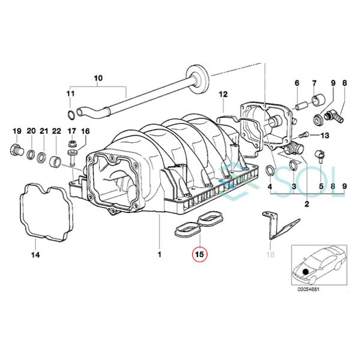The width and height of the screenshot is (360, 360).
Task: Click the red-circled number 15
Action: tap(199, 254)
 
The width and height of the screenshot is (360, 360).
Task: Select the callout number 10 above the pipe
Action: tap(99, 78)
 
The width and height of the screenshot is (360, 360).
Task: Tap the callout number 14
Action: tap(35, 255)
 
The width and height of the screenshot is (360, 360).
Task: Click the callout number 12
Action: tap(223, 94)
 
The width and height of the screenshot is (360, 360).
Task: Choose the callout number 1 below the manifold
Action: tap(160, 255)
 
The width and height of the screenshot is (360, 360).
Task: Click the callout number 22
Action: tap(56, 131)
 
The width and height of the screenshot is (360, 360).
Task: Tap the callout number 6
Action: tap(296, 82)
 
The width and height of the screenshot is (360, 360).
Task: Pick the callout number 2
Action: tap(307, 205)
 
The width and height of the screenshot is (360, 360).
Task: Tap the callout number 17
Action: tap(71, 131)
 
